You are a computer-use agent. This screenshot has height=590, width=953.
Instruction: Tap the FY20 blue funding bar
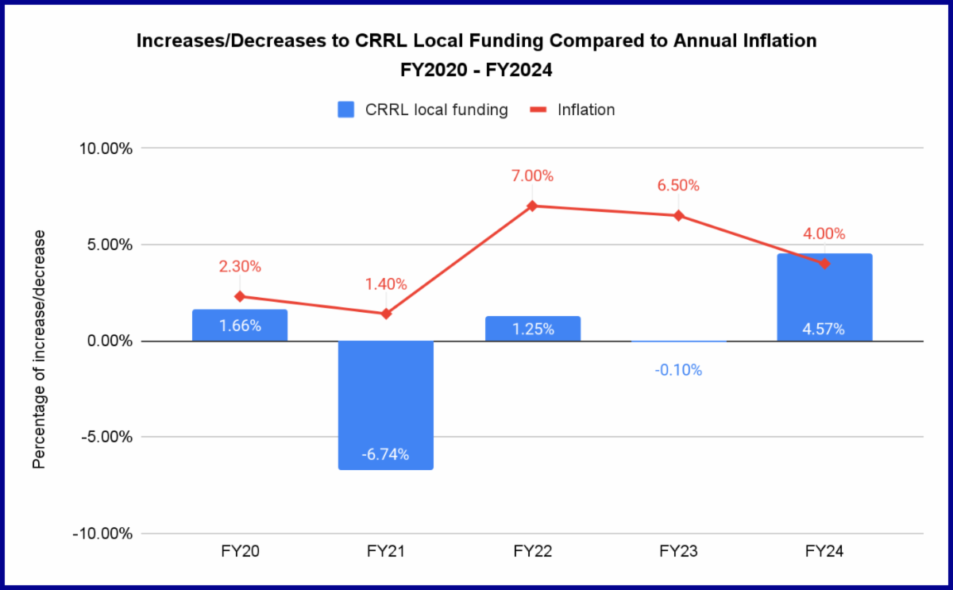coord(240,326)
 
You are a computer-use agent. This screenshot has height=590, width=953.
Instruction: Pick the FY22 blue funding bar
coord(532,329)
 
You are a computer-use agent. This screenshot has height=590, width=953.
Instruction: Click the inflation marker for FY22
coord(532,206)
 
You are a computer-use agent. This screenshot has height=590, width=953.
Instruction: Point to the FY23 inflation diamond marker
coord(678,215)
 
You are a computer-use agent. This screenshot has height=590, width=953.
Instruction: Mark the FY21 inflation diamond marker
coord(386,314)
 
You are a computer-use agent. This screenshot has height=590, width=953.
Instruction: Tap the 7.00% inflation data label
coord(532,176)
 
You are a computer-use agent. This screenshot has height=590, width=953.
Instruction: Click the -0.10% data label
coord(678,370)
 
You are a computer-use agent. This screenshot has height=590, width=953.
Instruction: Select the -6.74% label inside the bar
coord(385,454)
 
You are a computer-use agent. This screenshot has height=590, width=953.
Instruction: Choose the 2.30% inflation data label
coord(240,267)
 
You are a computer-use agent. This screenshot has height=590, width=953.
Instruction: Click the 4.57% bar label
coord(824,327)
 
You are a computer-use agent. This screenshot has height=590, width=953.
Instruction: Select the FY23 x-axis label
coord(678,552)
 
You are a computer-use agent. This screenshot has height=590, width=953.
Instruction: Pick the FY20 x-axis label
coord(240,552)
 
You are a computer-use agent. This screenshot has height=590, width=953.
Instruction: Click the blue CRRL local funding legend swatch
coord(346,110)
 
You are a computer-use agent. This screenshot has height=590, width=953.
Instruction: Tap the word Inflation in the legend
coord(586,110)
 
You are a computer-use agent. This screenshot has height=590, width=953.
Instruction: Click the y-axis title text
coord(39,349)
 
